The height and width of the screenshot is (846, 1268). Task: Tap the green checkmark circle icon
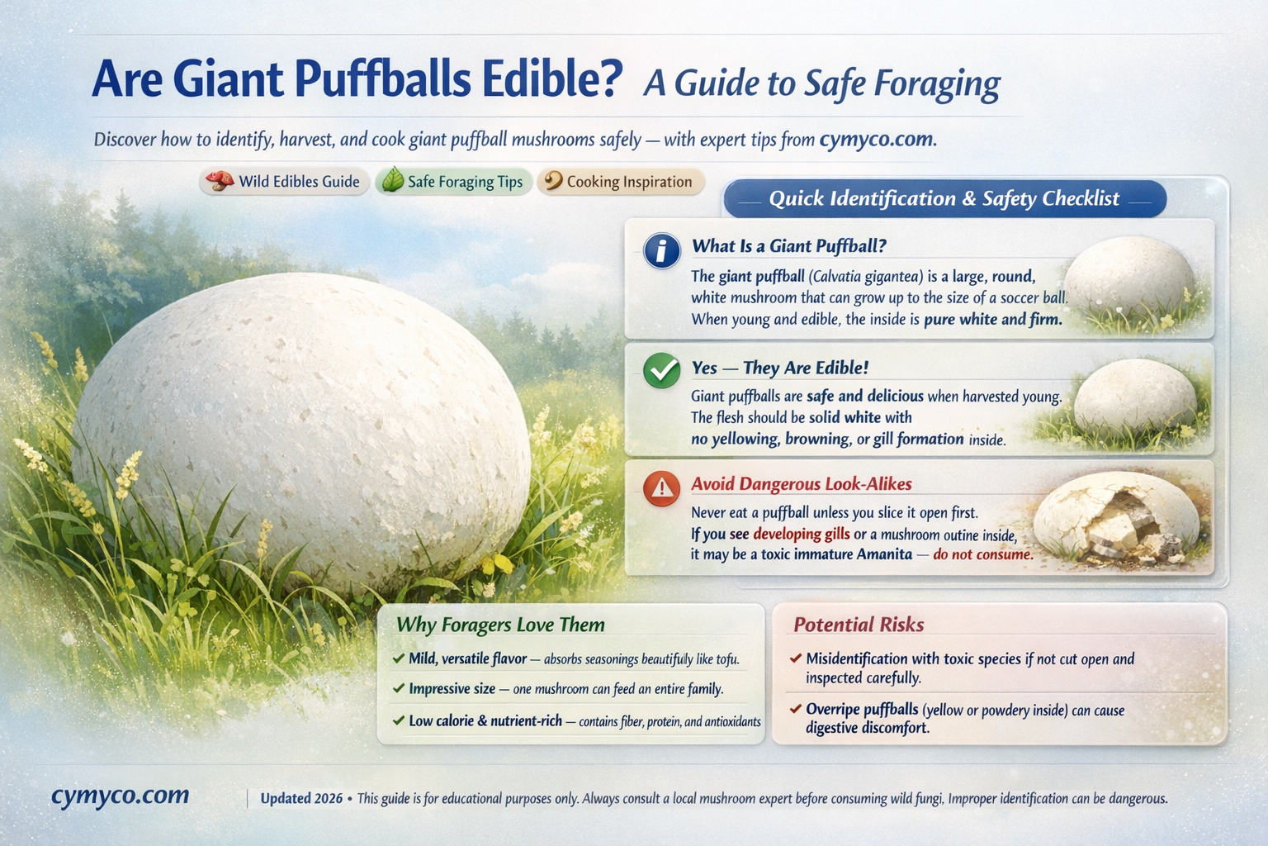(661, 371)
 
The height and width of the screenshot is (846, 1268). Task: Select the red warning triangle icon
(661, 488)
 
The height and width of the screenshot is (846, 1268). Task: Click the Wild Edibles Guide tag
(285, 182)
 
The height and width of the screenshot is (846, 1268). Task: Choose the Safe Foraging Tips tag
(452, 182)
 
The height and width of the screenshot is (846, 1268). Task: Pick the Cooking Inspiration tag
(620, 182)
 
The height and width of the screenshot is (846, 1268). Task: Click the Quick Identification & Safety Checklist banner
(944, 199)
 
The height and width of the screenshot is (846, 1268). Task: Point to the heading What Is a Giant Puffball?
(788, 245)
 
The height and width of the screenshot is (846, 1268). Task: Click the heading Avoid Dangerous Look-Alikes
(801, 484)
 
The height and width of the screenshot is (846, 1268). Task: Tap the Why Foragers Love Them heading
(500, 625)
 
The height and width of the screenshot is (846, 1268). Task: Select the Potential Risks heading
(859, 625)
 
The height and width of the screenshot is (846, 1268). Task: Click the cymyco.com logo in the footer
(120, 796)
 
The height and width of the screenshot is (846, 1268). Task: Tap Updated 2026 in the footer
(300, 799)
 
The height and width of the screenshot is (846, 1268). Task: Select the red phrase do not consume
(982, 554)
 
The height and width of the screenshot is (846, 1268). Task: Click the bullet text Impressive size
(452, 689)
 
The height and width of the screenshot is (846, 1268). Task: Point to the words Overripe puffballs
(861, 710)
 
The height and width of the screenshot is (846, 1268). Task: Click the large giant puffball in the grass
(301, 430)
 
